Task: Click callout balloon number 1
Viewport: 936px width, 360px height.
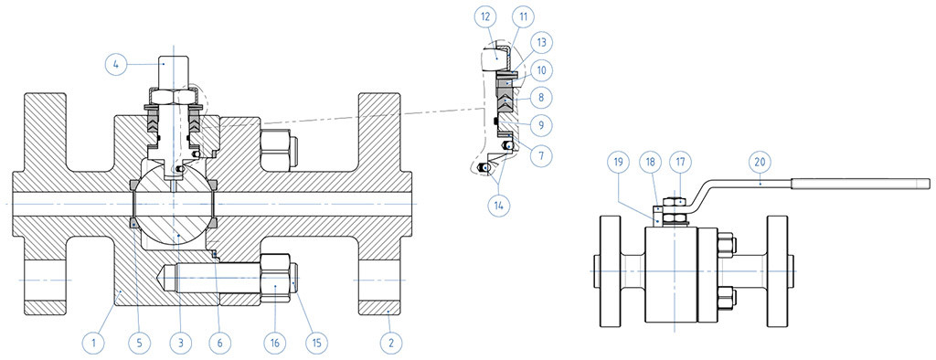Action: (x=93, y=343)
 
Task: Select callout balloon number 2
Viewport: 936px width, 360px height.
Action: (x=391, y=343)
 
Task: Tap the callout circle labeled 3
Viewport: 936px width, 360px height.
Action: (x=180, y=343)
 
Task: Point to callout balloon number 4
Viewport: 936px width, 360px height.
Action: (x=116, y=63)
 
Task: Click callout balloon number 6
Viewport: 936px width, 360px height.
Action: (x=219, y=343)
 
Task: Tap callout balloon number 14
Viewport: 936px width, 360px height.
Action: (x=499, y=204)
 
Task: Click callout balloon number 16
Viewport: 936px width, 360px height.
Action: (x=275, y=343)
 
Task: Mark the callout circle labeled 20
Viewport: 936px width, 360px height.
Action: (x=761, y=161)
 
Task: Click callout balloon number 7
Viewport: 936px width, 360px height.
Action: (x=541, y=155)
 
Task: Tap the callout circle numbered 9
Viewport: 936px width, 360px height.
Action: (x=541, y=125)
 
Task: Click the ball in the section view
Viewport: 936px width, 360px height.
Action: (x=173, y=205)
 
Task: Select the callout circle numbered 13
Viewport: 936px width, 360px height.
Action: (x=541, y=42)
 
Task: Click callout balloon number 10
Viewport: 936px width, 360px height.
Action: (x=541, y=69)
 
